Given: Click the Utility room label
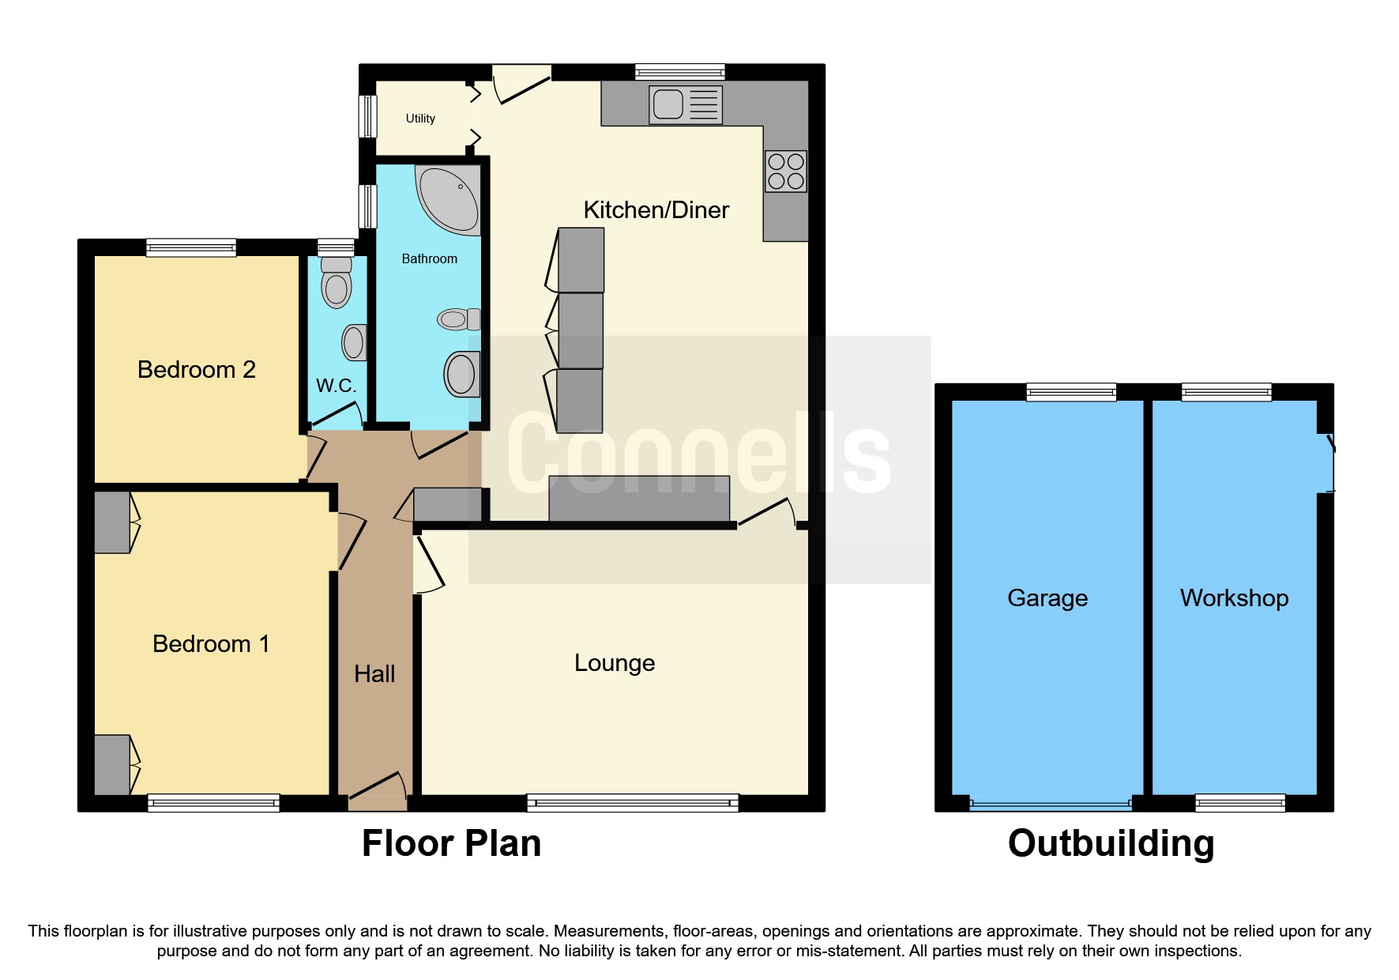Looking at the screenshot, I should [x=420, y=119].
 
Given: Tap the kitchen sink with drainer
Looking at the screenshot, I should [x=685, y=104].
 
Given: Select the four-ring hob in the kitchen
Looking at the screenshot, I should [x=785, y=171].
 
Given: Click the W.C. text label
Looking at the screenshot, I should [x=336, y=386].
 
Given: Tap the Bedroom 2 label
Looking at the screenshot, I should [x=196, y=369].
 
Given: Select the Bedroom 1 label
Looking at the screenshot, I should [x=210, y=643].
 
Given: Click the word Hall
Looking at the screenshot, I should [x=374, y=673].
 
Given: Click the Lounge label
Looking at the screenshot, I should [x=615, y=662].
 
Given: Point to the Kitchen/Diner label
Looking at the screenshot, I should [x=656, y=209].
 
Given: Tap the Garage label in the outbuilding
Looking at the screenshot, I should [x=1047, y=597].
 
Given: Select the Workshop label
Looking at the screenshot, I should [x=1234, y=597].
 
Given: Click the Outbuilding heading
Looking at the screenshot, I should [x=1111, y=843].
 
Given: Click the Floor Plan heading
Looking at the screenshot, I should [x=451, y=843].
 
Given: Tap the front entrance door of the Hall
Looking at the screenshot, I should [x=378, y=788].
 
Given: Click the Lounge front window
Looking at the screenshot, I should [x=632, y=803].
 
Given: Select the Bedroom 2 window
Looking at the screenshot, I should [x=191, y=247].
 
